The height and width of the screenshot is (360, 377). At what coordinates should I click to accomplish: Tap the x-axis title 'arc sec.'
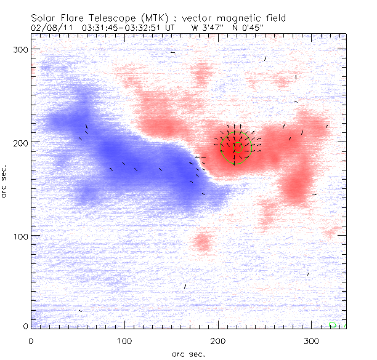pyautogui.click(x=188, y=354)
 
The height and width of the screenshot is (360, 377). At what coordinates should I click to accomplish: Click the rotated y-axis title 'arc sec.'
pyautogui.click(x=5, y=180)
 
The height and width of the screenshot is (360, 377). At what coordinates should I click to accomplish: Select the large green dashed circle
pyautogui.click(x=236, y=148)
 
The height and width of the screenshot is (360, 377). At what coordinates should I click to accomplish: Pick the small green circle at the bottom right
pyautogui.click(x=333, y=324)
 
